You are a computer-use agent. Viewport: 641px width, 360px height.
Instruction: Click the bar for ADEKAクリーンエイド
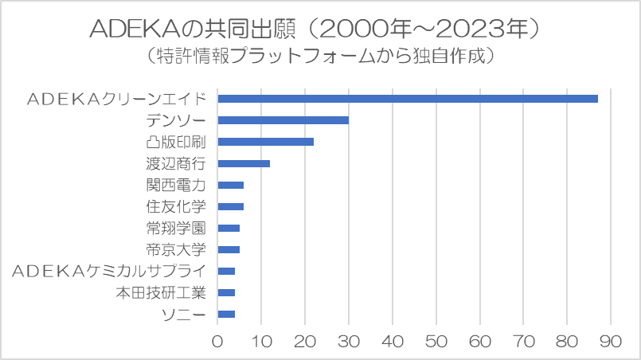tap(408, 99)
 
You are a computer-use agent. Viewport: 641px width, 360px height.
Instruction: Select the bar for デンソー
tap(283, 120)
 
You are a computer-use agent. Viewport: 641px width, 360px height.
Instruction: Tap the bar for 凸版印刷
tap(266, 142)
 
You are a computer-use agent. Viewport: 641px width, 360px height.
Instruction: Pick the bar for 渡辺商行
tap(244, 163)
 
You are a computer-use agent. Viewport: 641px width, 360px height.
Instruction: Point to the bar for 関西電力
tap(231, 186)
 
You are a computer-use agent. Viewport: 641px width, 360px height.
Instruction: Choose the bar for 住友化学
tap(231, 206)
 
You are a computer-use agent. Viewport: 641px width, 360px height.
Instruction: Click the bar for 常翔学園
tap(229, 229)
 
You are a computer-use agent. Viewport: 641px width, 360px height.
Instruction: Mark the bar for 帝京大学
tap(229, 249)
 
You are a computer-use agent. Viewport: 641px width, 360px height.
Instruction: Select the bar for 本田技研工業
tap(226, 292)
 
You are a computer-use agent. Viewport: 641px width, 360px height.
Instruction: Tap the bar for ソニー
tap(226, 314)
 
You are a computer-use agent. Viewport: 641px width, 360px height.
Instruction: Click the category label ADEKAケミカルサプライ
tap(109, 272)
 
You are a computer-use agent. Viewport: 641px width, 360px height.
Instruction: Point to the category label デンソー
tap(176, 121)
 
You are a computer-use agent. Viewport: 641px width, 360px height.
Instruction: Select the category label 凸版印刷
tap(176, 142)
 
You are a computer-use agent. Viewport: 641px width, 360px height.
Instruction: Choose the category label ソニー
tap(184, 315)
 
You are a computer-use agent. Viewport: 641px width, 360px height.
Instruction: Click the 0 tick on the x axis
tap(217, 341)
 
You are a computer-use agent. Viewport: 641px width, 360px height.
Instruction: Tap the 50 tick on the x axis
tap(436, 341)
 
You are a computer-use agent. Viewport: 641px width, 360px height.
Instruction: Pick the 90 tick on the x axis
tap(611, 341)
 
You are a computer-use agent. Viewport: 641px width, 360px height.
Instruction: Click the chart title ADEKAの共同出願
tap(192, 29)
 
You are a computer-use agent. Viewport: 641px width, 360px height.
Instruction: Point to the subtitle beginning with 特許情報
tap(320, 56)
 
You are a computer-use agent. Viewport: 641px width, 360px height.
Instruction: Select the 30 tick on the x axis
tap(349, 341)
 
